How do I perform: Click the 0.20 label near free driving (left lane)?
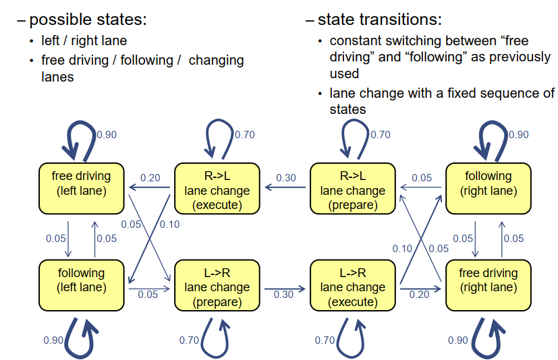tap(150, 178)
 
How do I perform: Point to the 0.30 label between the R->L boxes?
tap(285, 178)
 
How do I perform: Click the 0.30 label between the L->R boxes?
tap(283, 295)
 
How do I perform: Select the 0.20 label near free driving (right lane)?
tap(419, 295)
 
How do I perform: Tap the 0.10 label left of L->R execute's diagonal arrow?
tap(402, 249)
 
